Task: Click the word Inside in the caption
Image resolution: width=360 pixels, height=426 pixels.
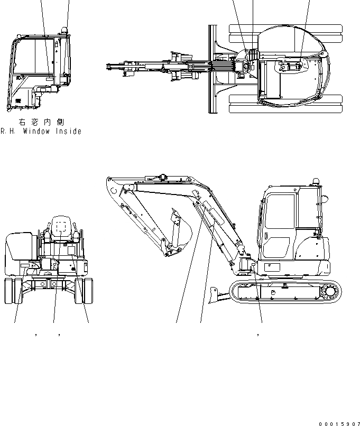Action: pyautogui.click(x=69, y=132)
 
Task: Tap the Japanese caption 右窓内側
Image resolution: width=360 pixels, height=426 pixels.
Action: pyautogui.click(x=42, y=123)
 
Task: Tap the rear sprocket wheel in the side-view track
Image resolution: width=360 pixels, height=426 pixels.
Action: pyautogui.click(x=331, y=291)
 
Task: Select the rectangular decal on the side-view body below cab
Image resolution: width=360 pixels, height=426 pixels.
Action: pyautogui.click(x=272, y=268)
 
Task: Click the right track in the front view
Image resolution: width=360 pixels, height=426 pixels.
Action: pyautogui.click(x=81, y=292)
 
